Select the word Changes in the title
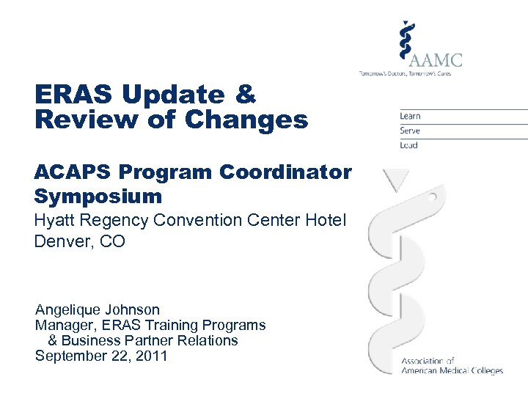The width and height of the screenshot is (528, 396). (248, 120)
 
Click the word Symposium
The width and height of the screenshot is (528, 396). (98, 196)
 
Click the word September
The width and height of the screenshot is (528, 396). (73, 356)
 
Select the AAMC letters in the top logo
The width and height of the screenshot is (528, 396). (438, 58)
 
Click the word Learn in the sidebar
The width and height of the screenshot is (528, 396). (410, 116)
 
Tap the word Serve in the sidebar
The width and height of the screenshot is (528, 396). (410, 131)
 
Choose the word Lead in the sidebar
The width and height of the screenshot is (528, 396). (408, 145)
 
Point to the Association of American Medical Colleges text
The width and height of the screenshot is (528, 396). (452, 365)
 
